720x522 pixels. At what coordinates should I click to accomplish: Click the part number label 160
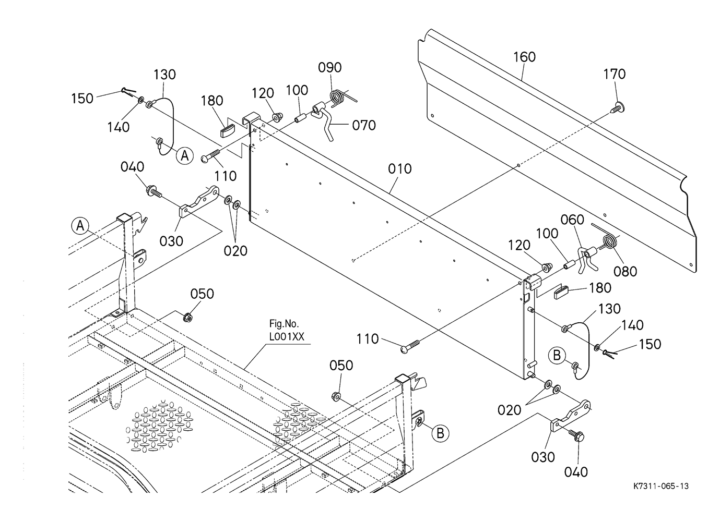coord(525,57)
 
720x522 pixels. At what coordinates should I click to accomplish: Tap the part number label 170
coord(614,74)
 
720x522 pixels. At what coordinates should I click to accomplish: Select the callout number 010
coord(399,169)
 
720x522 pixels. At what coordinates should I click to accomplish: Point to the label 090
coord(330,67)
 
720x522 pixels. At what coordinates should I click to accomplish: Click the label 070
coord(364,125)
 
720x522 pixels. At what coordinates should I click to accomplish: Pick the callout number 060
coord(572,220)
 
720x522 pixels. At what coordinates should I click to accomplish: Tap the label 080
coord(625,272)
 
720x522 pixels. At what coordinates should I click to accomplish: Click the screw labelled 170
coord(617,107)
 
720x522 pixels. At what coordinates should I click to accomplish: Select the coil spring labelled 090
coord(341,96)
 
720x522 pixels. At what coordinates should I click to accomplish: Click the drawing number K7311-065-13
coord(661,486)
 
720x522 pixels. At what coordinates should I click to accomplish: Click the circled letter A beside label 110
coord(184,156)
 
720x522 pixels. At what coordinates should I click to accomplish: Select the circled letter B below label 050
coord(440,433)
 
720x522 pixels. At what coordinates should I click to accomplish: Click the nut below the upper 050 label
coord(187,318)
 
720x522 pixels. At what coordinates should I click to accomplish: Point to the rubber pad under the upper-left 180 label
coord(228,131)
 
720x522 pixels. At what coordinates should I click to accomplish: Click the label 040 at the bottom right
coord(576,472)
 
